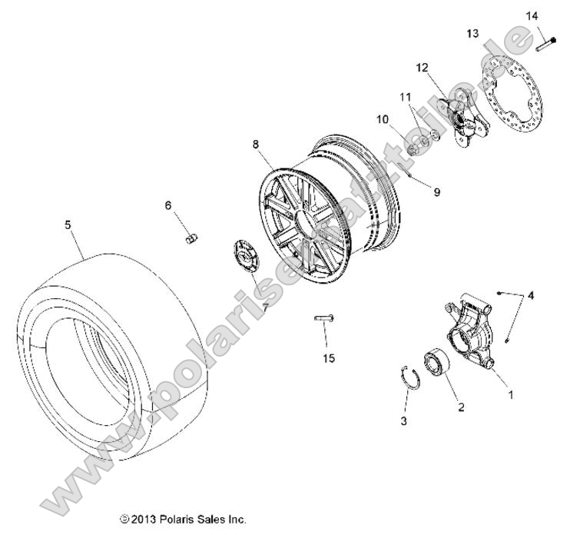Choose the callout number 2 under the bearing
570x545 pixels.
click(461, 407)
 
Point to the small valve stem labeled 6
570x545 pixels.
click(194, 239)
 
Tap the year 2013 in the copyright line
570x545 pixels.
click(146, 520)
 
